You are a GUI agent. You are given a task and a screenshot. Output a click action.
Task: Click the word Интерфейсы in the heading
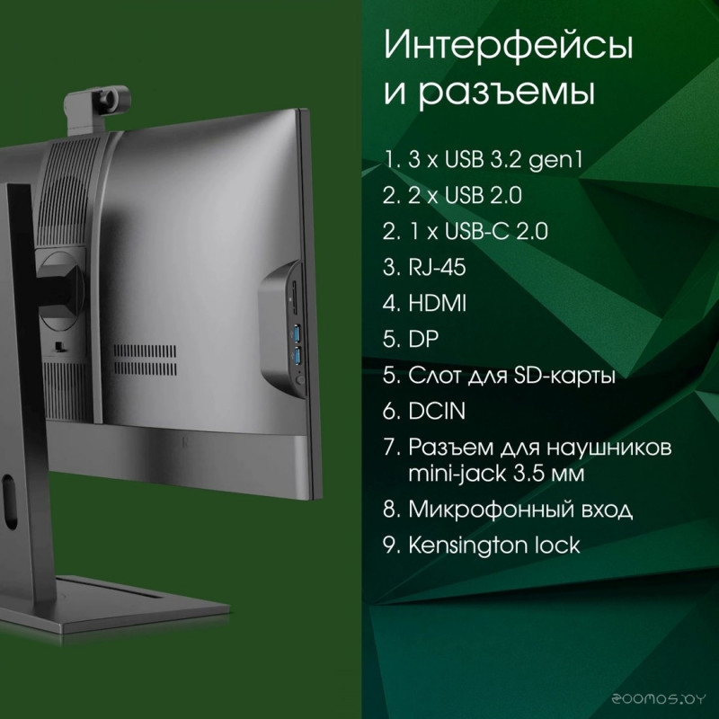pyautogui.click(x=509, y=47)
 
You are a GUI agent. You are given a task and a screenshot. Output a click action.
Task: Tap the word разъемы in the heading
pyautogui.click(x=507, y=92)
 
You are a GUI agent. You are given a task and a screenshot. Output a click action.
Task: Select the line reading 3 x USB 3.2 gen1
pyautogui.click(x=483, y=161)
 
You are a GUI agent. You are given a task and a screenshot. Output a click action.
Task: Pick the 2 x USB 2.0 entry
pyautogui.click(x=452, y=196)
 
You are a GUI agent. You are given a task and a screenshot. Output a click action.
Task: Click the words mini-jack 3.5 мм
pyautogui.click(x=497, y=474)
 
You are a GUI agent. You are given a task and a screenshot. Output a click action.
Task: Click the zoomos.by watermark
pyautogui.click(x=659, y=699)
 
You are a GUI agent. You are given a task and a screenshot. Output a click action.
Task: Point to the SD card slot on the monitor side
pyautogui.click(x=294, y=298)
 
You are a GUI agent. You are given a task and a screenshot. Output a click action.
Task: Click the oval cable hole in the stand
pyautogui.click(x=9, y=502)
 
